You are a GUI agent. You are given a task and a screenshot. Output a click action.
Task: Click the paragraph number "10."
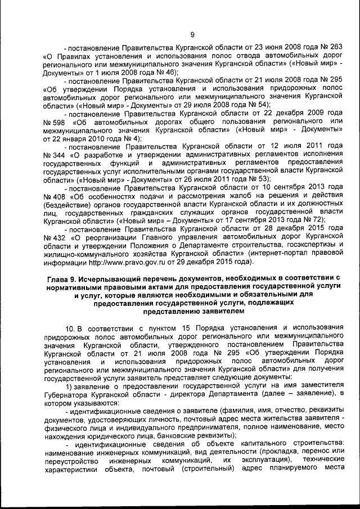70,327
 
